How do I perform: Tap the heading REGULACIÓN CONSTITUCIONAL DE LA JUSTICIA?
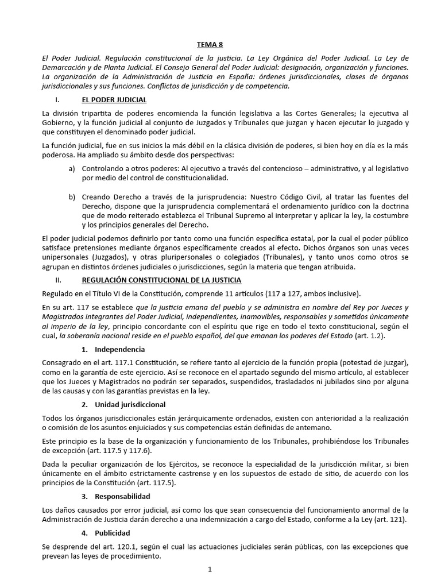(161, 280)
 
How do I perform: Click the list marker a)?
(72, 169)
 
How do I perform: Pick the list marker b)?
(72, 197)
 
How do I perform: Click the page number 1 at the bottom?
(210, 570)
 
